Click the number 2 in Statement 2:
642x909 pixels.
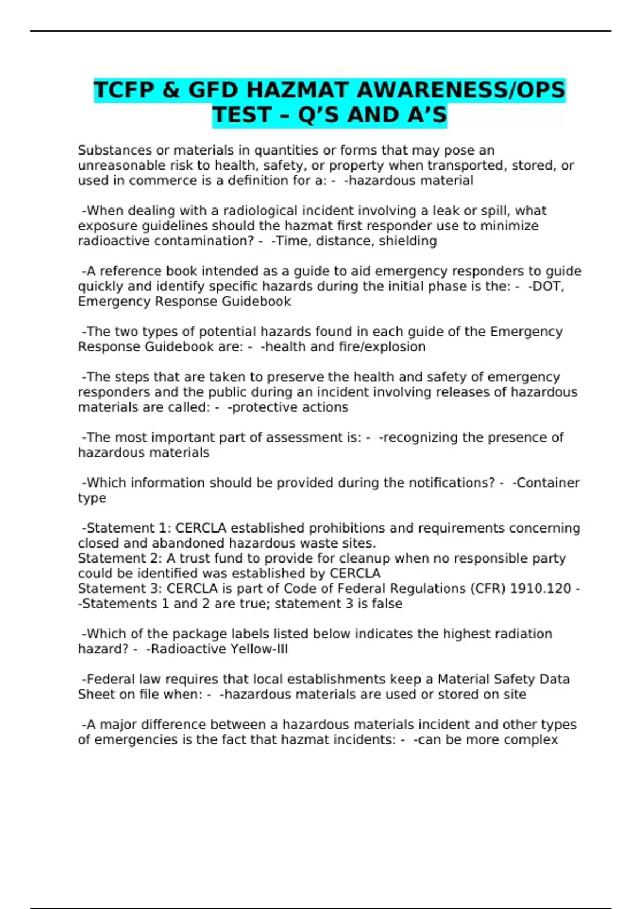(155, 558)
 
